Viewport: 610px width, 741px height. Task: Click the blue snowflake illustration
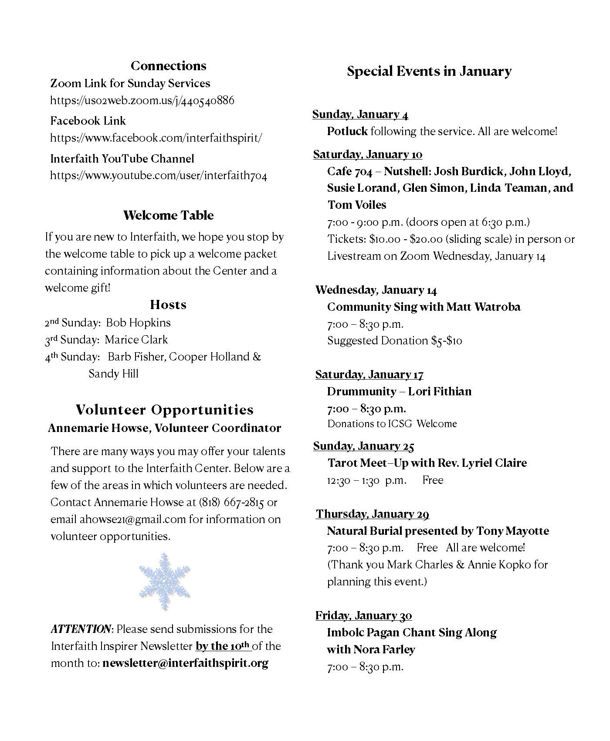(x=164, y=581)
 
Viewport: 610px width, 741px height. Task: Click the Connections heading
(x=168, y=66)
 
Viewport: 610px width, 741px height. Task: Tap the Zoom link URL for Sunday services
(x=142, y=101)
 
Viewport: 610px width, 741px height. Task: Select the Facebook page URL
(x=156, y=138)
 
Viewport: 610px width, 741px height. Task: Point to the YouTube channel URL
(x=159, y=176)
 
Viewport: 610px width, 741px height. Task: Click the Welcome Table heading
(x=168, y=215)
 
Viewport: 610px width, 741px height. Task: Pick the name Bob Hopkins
(x=139, y=323)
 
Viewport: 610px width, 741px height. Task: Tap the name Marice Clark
(x=136, y=340)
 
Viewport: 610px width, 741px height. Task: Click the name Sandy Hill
(x=113, y=374)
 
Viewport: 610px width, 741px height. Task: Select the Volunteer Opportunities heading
(x=164, y=410)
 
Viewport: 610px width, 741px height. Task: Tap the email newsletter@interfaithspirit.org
(x=185, y=663)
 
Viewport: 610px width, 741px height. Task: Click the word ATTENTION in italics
(x=81, y=629)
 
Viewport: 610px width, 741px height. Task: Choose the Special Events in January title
(x=429, y=71)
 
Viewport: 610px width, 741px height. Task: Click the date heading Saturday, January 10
(x=368, y=155)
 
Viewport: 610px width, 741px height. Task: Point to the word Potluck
(x=347, y=132)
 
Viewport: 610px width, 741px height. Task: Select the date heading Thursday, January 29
(x=373, y=514)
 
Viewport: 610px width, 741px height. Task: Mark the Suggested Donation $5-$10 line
(x=394, y=341)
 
